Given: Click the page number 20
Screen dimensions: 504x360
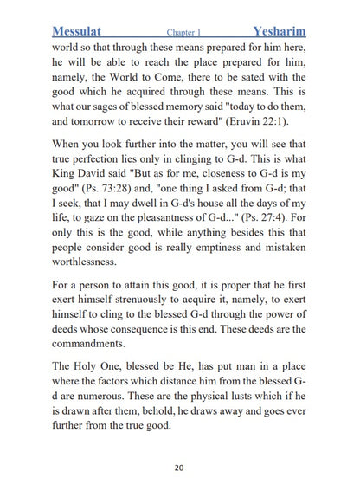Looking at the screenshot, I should (x=178, y=468).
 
